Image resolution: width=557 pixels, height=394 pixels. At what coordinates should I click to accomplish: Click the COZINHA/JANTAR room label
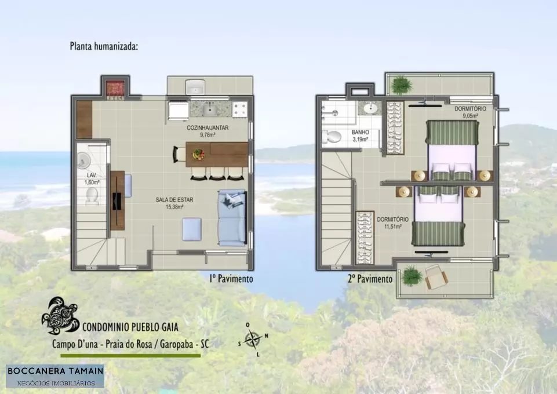tap(207, 128)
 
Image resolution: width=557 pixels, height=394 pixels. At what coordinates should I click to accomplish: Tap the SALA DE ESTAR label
tap(174, 200)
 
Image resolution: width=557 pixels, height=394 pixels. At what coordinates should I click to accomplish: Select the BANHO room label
tap(360, 133)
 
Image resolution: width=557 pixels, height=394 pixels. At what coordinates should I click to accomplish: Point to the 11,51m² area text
tap(393, 226)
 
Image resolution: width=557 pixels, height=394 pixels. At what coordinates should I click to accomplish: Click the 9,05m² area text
tap(470, 116)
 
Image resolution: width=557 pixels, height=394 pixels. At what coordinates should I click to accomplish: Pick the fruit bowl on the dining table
tap(199, 154)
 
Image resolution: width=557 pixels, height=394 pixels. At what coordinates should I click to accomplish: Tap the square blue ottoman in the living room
tap(192, 229)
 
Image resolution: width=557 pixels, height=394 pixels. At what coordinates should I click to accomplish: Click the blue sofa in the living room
tap(232, 218)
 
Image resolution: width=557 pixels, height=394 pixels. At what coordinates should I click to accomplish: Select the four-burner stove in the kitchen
tap(240, 109)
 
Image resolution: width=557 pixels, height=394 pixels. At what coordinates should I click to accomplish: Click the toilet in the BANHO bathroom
tap(332, 136)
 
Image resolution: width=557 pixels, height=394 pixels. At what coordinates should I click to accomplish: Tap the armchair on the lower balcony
tap(436, 276)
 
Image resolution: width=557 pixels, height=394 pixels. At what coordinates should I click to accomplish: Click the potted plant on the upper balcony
tap(402, 85)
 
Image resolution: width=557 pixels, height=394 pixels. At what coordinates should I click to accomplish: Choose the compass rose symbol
tap(253, 339)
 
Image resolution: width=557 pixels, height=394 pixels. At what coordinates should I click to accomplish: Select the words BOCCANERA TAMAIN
tap(56, 371)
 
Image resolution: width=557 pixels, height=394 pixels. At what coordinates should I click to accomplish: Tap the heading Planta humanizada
tap(104, 46)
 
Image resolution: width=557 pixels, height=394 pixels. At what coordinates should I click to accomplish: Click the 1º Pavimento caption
tap(231, 279)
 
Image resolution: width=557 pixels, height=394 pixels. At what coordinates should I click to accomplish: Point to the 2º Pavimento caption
tap(370, 279)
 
